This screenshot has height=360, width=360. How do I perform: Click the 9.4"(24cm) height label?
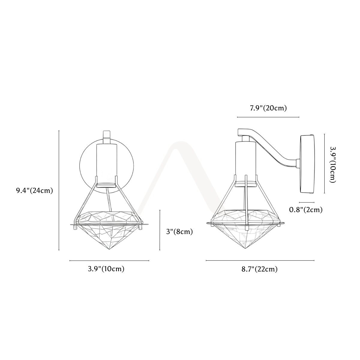(x=34, y=190)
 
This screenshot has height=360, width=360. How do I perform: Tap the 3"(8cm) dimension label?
(x=179, y=232)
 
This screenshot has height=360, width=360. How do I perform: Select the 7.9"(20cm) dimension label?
(x=268, y=108)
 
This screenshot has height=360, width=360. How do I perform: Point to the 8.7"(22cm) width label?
(x=259, y=269)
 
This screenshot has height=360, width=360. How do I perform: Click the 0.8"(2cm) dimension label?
(x=306, y=210)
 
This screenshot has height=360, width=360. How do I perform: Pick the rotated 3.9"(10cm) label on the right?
(x=333, y=164)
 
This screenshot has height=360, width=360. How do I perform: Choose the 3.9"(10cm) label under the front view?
(x=106, y=269)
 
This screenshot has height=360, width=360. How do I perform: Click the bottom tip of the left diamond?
(x=109, y=249)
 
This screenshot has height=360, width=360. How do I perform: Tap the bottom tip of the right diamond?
(x=245, y=248)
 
